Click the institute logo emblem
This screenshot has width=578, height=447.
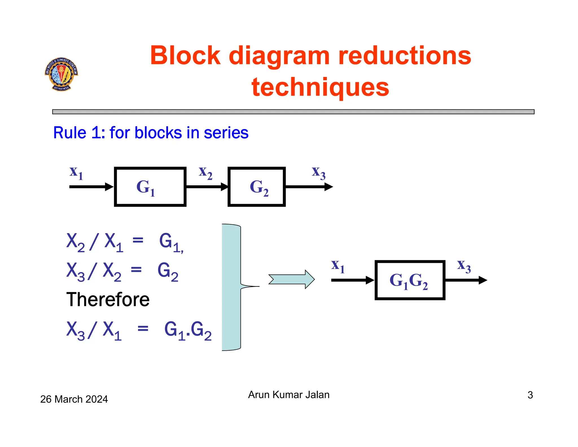[x=61, y=74]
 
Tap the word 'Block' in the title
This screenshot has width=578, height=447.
[x=185, y=56]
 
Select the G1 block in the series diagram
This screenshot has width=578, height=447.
[x=150, y=187]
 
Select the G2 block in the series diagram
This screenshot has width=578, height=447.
[x=257, y=187]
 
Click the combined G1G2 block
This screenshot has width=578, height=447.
[x=410, y=280]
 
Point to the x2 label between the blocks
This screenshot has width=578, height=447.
[x=205, y=172]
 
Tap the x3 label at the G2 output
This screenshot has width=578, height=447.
[x=319, y=172]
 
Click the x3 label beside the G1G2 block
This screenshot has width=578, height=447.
[x=464, y=266]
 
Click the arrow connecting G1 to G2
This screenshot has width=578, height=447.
[x=207, y=187]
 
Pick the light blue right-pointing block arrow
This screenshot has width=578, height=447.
[x=292, y=279]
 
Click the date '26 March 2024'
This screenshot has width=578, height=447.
[x=74, y=399]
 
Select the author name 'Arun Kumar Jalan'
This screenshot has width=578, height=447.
[x=289, y=394]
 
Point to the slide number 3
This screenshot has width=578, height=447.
[x=530, y=395]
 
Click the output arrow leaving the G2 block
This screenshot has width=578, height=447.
[x=309, y=187]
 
